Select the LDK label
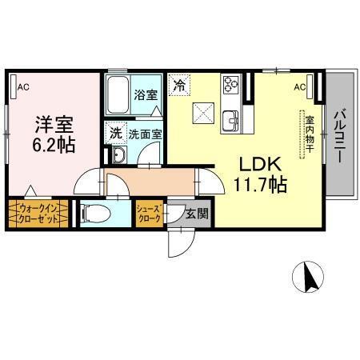coord(258,164)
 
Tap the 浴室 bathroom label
coord(146,95)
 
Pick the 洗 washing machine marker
coord(116,134)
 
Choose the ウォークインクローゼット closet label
coord(38,214)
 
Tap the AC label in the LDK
coord(299,86)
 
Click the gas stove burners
coord(231,83)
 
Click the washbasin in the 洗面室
coord(118,154)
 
